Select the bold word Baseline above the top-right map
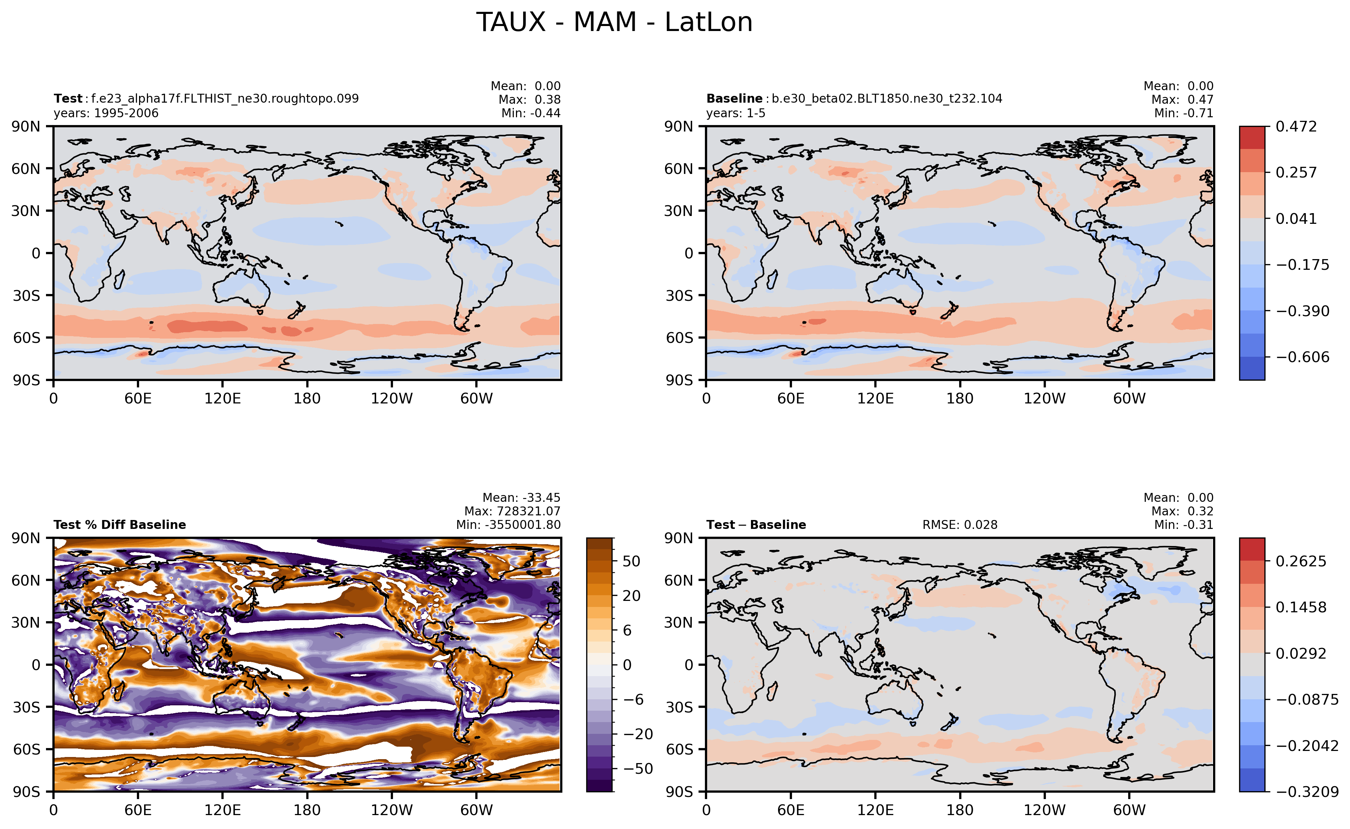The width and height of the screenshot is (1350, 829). [x=734, y=99]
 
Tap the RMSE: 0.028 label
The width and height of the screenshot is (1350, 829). [x=960, y=525]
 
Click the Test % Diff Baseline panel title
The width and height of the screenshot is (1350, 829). [x=119, y=525]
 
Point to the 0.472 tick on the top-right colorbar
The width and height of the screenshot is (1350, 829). [x=1296, y=127]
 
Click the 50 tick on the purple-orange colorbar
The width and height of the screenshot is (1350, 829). [x=631, y=561]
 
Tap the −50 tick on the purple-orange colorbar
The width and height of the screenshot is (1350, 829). [x=638, y=769]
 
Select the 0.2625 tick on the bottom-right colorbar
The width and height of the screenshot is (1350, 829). [x=1301, y=561]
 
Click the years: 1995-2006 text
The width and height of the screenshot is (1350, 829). [x=106, y=113]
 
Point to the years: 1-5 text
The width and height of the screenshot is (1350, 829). [x=736, y=113]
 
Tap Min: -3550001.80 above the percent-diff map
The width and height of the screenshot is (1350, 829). [x=508, y=525]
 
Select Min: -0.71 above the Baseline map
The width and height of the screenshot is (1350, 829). [x=1183, y=113]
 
